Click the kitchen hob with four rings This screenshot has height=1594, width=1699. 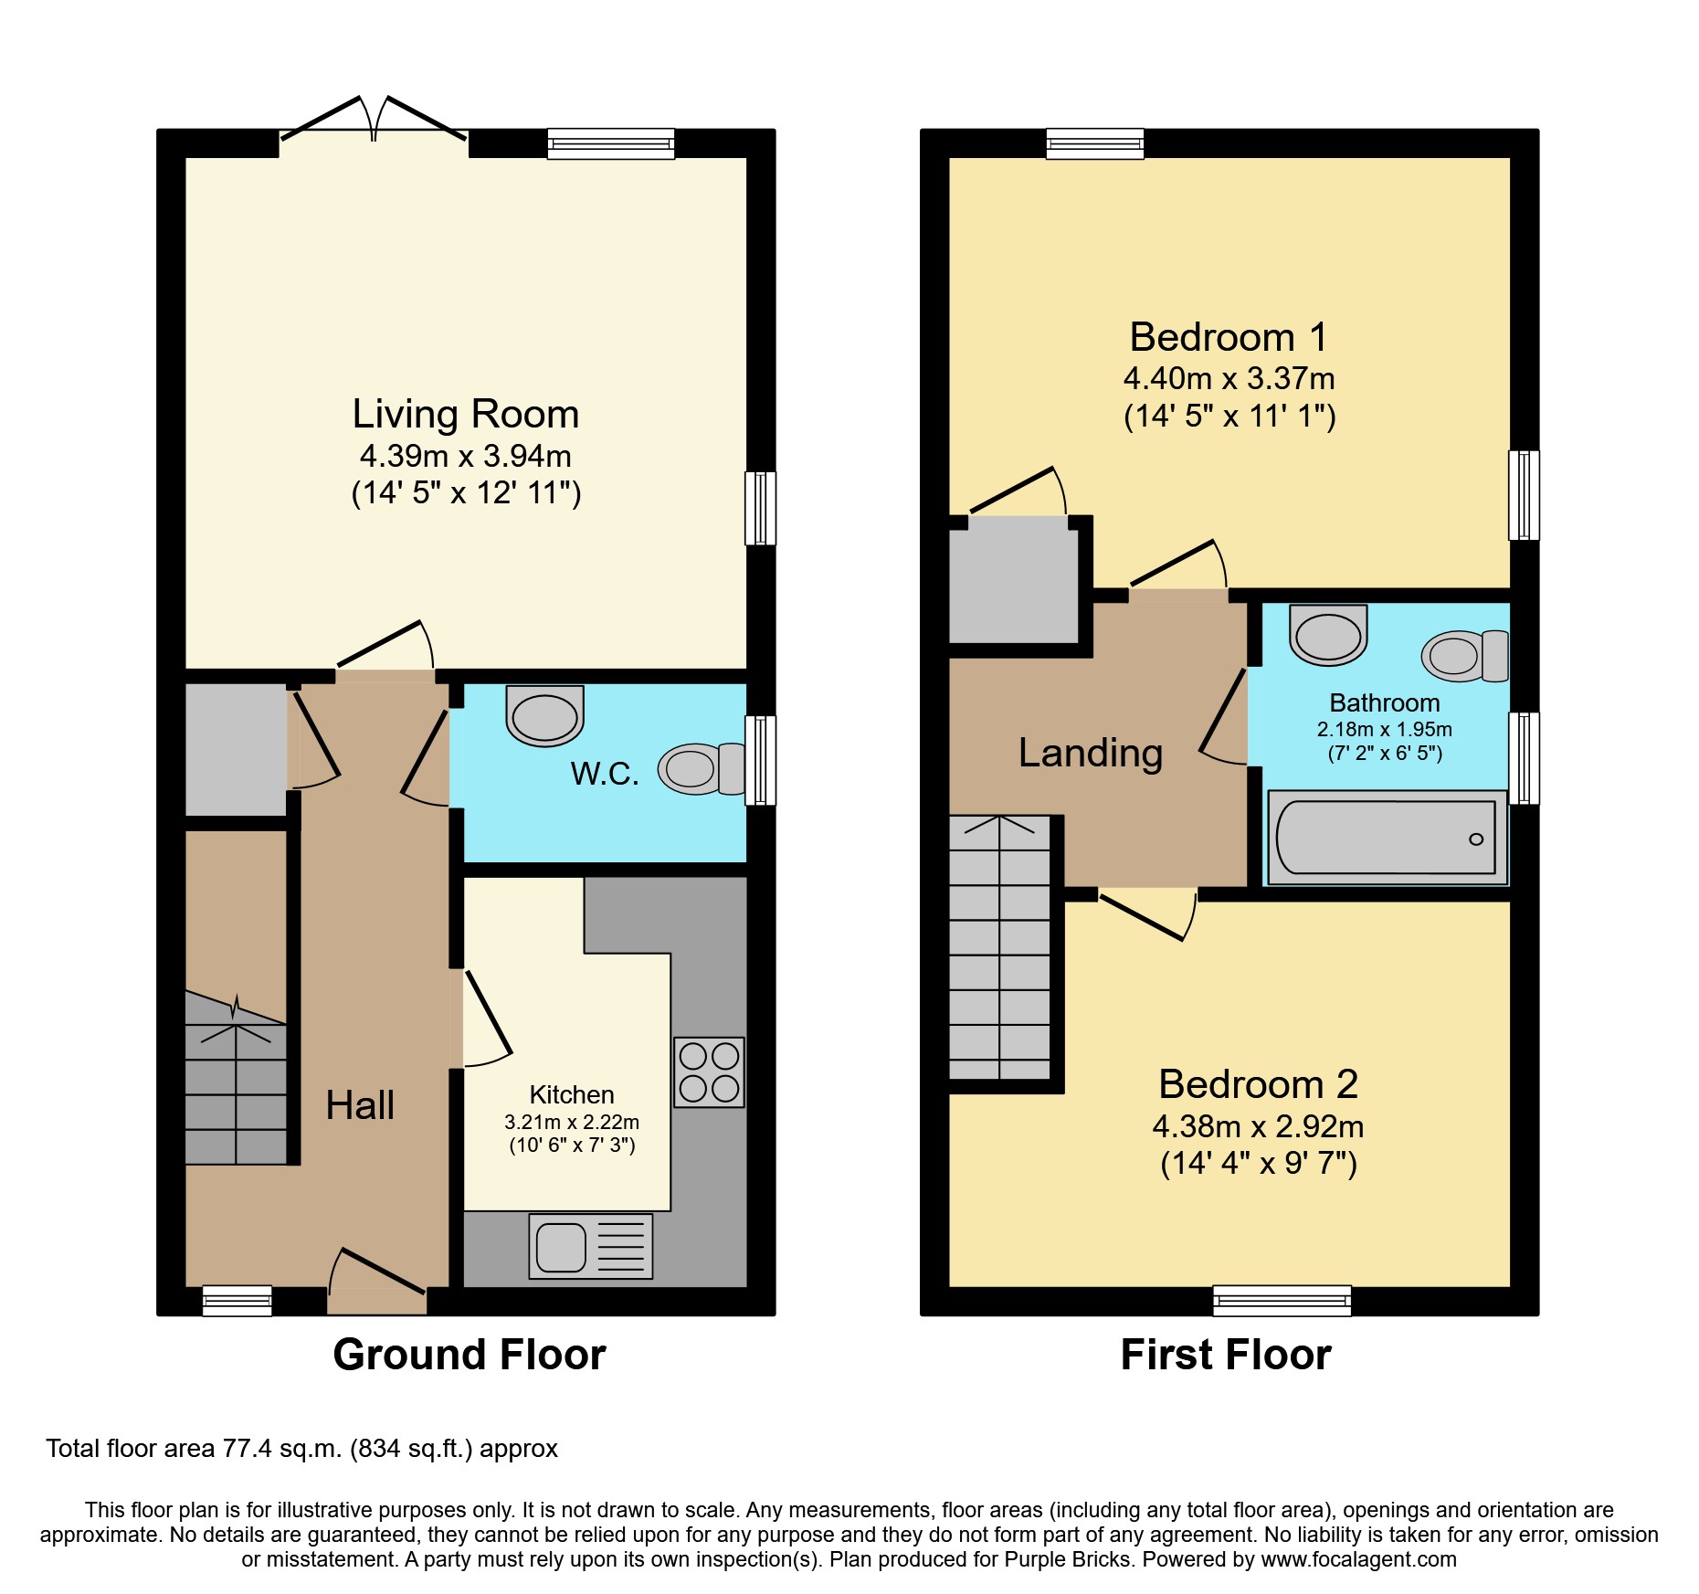(x=709, y=1071)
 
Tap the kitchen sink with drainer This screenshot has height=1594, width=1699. (x=591, y=1246)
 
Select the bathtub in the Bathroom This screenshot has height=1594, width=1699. (x=1388, y=838)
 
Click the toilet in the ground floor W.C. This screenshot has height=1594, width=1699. (x=702, y=768)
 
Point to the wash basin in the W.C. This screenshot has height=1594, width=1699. (x=545, y=716)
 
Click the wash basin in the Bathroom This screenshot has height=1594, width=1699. (x=1328, y=635)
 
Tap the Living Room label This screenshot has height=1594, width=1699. (x=466, y=414)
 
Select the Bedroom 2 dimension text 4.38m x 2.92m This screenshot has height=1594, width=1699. (x=1258, y=1126)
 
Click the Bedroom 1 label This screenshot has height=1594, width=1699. (x=1229, y=337)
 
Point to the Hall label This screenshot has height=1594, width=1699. (x=360, y=1105)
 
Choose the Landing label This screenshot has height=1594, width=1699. (x=1091, y=753)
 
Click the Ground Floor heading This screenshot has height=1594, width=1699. (x=470, y=1354)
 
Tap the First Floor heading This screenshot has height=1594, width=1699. (x=1226, y=1354)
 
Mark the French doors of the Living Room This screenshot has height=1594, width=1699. (x=374, y=120)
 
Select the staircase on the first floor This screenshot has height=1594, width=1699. (x=1000, y=947)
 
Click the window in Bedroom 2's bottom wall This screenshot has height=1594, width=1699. (x=1282, y=1300)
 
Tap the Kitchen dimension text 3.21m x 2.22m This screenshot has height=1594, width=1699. (x=572, y=1122)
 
